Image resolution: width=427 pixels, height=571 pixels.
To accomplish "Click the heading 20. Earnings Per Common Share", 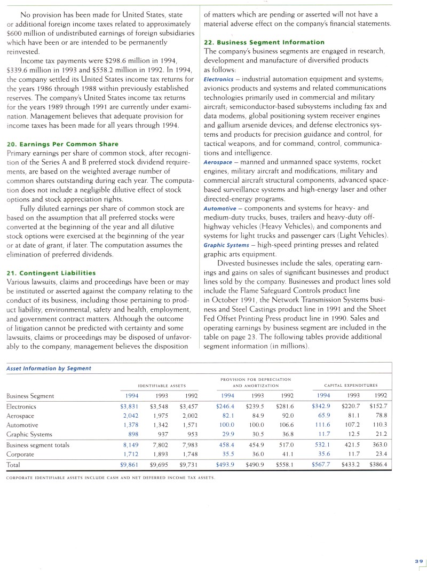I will pyautogui.click(x=62, y=144).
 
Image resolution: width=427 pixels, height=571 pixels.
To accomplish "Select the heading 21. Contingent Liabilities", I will pyautogui.click(x=51, y=273).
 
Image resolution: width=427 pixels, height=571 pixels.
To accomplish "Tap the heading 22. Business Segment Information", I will pyautogui.click(x=264, y=42).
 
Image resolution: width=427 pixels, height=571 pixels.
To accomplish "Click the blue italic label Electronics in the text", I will pyautogui.click(x=219, y=80).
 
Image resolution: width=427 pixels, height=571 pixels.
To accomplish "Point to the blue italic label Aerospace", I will pyautogui.click(x=218, y=162).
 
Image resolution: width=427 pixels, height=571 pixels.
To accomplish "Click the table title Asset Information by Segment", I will pyautogui.click(x=49, y=368).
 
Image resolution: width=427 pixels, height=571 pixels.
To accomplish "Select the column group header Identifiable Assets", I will pyautogui.click(x=162, y=385).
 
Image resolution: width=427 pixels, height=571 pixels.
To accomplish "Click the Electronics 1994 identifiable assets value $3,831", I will pyautogui.click(x=130, y=406).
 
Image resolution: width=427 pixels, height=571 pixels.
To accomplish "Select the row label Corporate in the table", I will pyautogui.click(x=21, y=454).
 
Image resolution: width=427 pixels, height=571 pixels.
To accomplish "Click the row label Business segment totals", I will pyautogui.click(x=37, y=445).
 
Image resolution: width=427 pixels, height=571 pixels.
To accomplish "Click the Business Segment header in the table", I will pyautogui.click(x=30, y=396).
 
